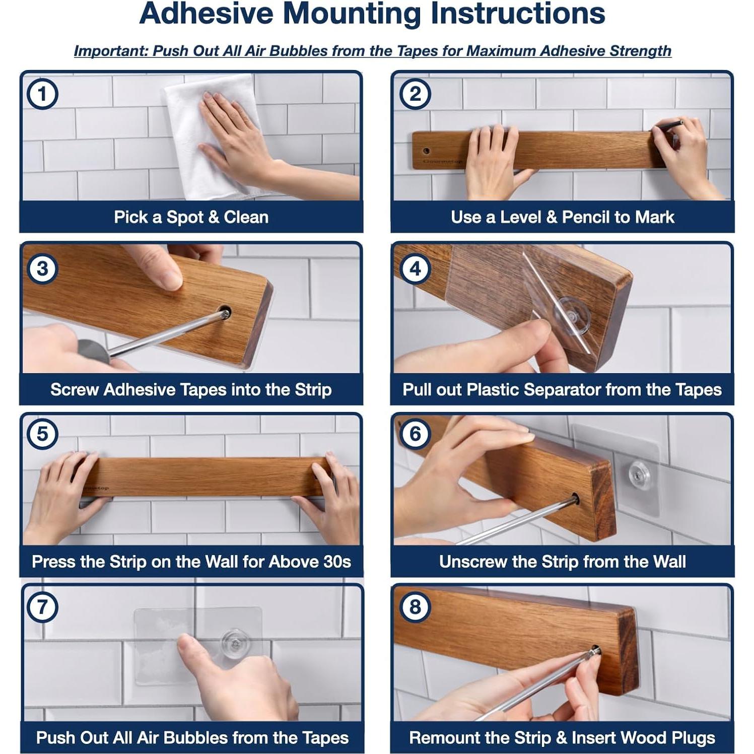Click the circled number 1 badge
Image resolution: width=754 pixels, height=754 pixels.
[42, 94]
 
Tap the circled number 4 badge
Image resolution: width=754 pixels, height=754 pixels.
[415, 268]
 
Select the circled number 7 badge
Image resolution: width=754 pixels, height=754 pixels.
[42, 606]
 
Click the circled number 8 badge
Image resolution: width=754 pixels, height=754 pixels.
[415, 606]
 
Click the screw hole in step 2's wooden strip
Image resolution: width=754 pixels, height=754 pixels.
[427, 151]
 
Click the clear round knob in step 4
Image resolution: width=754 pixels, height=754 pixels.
[572, 315]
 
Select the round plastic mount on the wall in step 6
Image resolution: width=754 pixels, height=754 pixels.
[639, 473]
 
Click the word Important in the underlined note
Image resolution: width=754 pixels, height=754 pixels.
[111, 51]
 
